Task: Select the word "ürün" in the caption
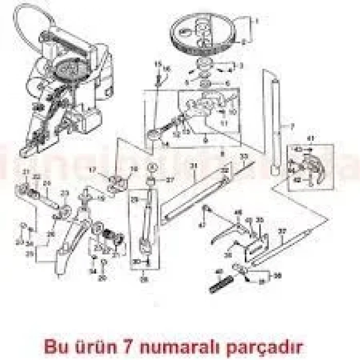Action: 98,344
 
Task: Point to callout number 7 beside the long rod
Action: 292,125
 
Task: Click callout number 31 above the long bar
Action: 194,165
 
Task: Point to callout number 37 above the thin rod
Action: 281,232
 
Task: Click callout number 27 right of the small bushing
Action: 171,180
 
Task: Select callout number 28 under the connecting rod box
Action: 144,278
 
